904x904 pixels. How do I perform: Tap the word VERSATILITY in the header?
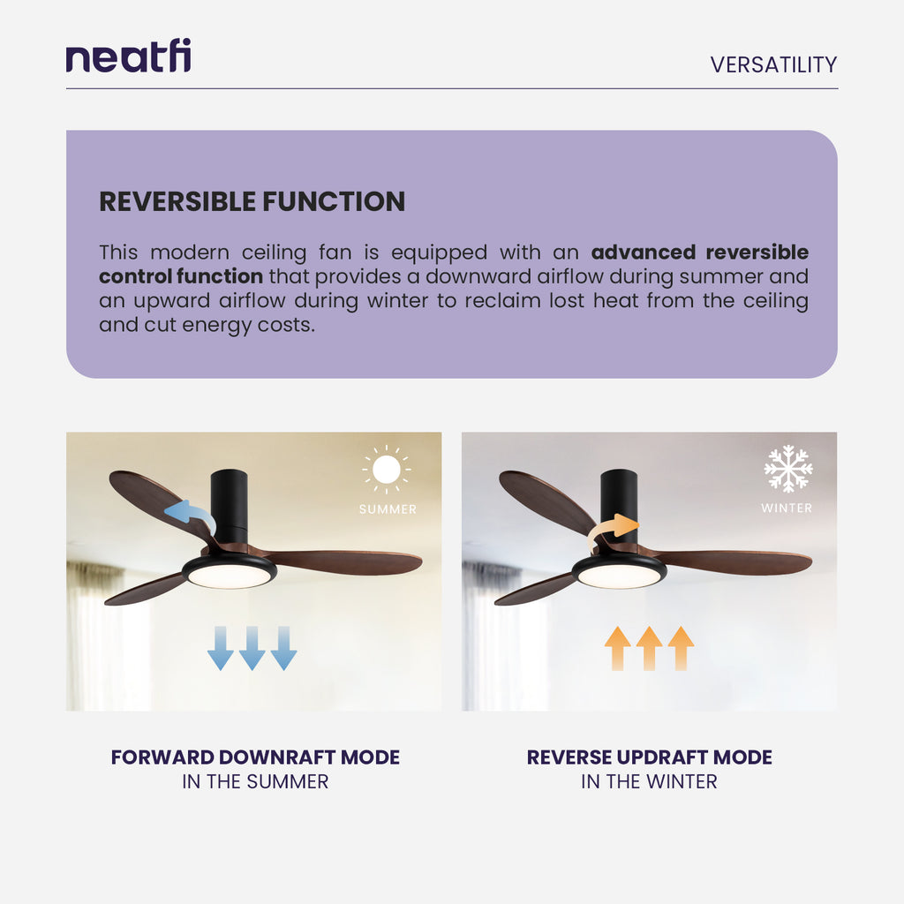pos(773,64)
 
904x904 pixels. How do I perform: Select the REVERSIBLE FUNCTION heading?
pos(252,201)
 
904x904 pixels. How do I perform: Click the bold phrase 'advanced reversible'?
pos(699,252)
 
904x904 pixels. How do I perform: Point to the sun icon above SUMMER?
pos(387,469)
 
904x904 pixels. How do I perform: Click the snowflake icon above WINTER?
pos(787,469)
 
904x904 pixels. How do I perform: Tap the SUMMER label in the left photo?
pos(388,509)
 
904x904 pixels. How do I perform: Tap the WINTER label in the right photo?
pos(787,508)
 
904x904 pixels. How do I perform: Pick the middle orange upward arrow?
pos(650,648)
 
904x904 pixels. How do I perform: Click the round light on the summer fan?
pos(230,575)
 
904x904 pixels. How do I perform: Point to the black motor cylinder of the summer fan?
pos(230,506)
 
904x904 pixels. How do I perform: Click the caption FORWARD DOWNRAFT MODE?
pos(255,757)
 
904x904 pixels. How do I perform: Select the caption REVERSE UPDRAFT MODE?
pos(650,757)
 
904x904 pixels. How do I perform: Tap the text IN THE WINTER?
pos(649,781)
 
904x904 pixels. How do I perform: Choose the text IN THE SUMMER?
pos(255,781)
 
